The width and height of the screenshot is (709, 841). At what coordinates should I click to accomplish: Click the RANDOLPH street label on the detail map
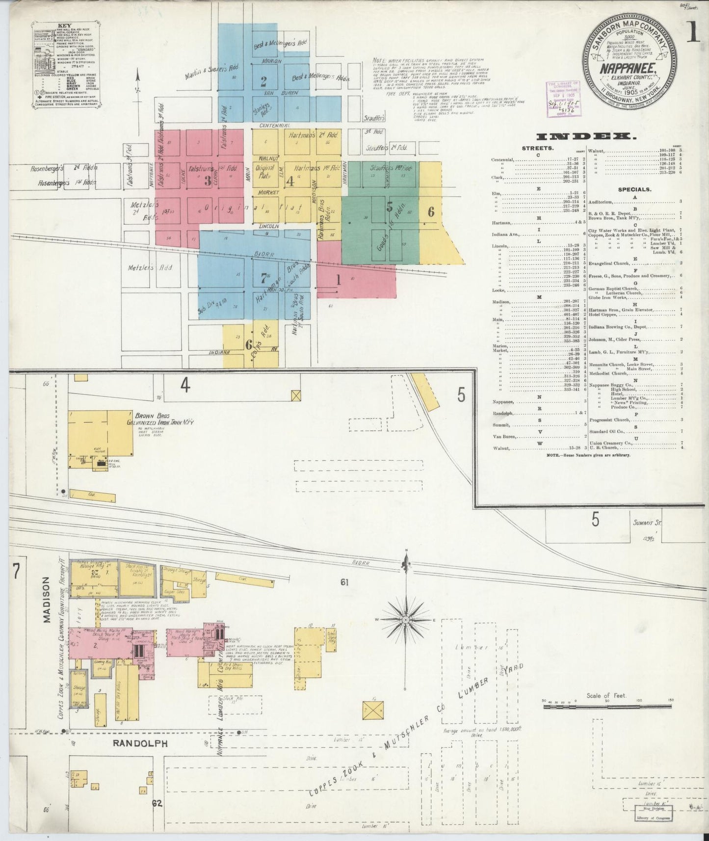(140, 743)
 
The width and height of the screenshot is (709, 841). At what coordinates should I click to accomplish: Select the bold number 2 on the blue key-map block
(263, 81)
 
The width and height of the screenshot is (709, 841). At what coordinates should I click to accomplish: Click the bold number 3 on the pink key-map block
(208, 181)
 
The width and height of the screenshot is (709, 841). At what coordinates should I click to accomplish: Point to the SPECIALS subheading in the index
(634, 189)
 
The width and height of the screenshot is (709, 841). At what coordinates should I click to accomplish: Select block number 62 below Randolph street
(157, 803)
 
